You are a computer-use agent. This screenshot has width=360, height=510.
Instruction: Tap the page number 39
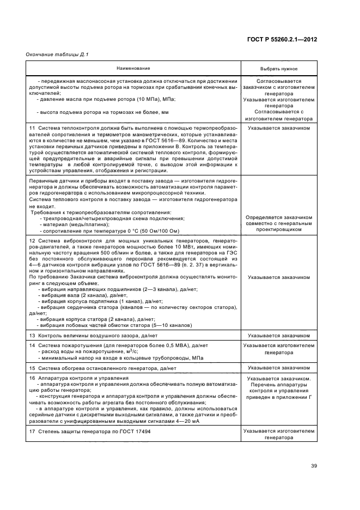click(x=314, y=465)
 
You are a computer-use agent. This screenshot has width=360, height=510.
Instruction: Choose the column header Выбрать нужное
click(x=279, y=69)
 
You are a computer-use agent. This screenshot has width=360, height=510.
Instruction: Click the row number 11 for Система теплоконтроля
click(x=32, y=127)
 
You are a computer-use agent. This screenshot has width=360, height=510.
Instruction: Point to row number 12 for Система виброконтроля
click(x=32, y=241)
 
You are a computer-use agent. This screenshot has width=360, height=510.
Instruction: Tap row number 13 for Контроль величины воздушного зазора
click(x=32, y=335)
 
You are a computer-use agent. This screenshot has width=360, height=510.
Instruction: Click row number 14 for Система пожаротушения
click(x=32, y=345)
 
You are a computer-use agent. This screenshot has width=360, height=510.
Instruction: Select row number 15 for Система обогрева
click(x=32, y=368)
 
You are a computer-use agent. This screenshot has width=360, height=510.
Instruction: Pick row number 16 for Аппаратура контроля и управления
click(x=32, y=378)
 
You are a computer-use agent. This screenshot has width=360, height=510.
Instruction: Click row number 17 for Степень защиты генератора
click(x=32, y=431)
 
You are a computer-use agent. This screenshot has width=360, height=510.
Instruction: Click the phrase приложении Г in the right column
click(x=298, y=398)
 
